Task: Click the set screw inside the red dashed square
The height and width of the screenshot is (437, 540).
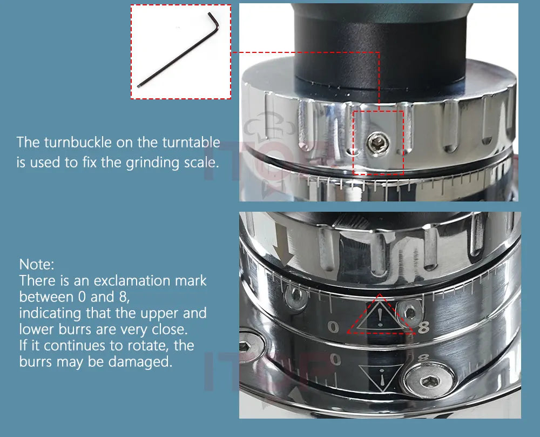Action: click(x=379, y=144)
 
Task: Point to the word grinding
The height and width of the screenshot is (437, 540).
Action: click(x=152, y=163)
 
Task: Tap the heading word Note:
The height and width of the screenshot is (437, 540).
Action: click(x=37, y=265)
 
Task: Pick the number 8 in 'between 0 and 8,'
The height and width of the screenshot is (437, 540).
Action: click(x=123, y=297)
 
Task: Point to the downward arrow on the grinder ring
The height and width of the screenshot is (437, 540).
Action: click(x=283, y=247)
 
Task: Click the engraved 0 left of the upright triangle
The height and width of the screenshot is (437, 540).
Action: click(x=333, y=327)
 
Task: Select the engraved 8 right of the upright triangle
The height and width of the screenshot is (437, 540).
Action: click(x=423, y=327)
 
